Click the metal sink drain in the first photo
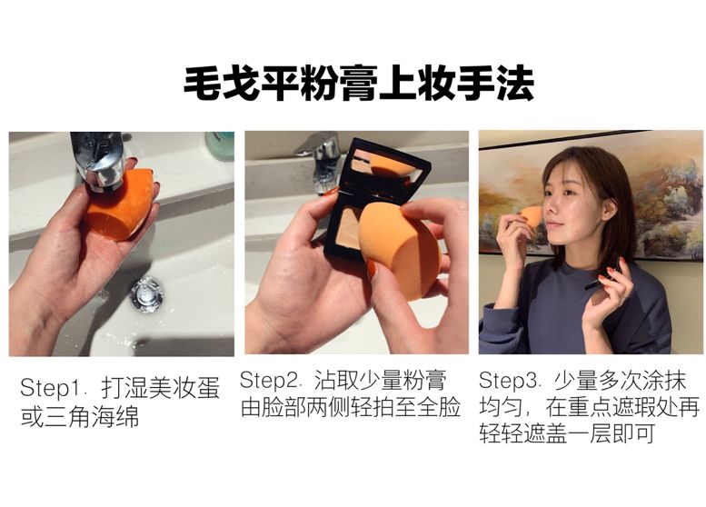pos(146,294)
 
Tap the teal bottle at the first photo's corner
pos(219,144)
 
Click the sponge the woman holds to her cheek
pos(532,216)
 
